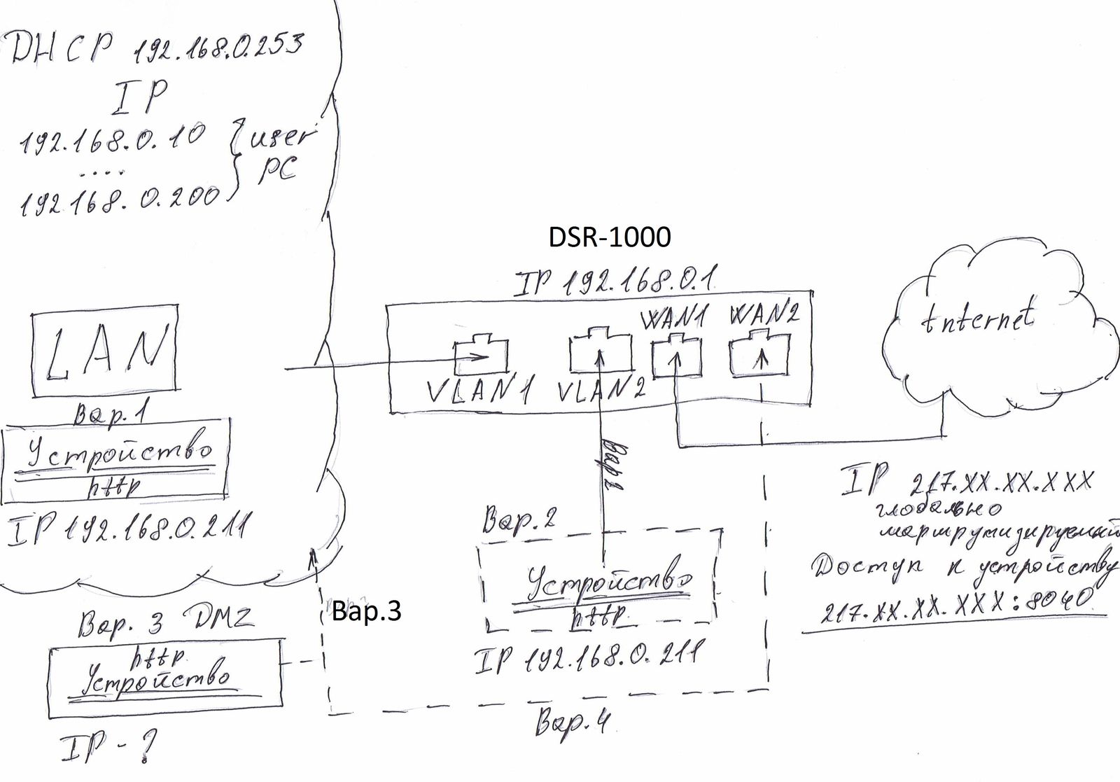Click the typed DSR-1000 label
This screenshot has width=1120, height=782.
(x=609, y=237)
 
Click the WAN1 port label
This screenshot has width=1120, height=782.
(x=673, y=319)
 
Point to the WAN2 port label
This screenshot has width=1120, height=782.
(x=763, y=316)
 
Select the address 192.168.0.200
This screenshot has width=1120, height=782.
(x=119, y=197)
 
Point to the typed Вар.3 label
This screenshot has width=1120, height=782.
(x=366, y=611)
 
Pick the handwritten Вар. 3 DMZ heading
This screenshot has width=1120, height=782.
(x=164, y=620)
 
